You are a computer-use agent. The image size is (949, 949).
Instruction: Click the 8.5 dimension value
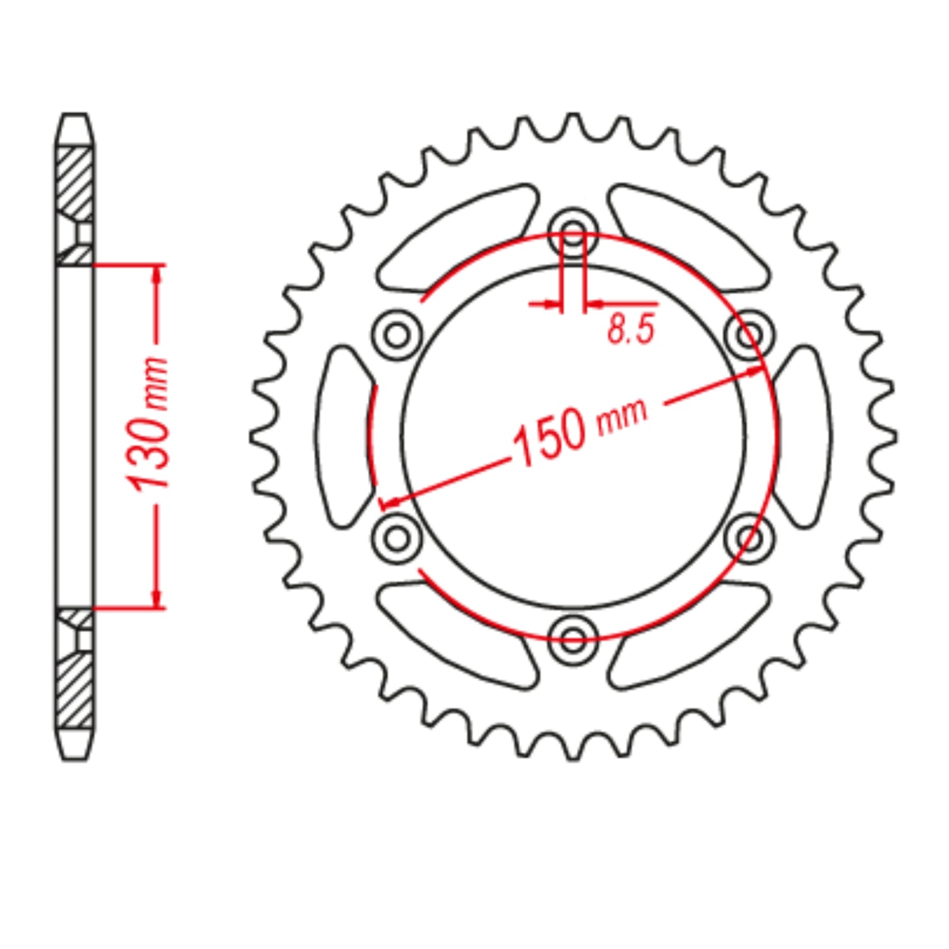pyautogui.click(x=631, y=329)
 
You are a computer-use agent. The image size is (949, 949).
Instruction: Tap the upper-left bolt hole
pyautogui.click(x=397, y=335)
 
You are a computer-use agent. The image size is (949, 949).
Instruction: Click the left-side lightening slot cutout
pyautogui.click(x=344, y=436)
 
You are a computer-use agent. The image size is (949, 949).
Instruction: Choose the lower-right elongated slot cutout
pyautogui.click(x=690, y=634)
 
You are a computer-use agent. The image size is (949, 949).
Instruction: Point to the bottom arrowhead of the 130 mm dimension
pyautogui.click(x=156, y=599)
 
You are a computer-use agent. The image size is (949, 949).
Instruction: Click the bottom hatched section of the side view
pyautogui.click(x=74, y=690)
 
